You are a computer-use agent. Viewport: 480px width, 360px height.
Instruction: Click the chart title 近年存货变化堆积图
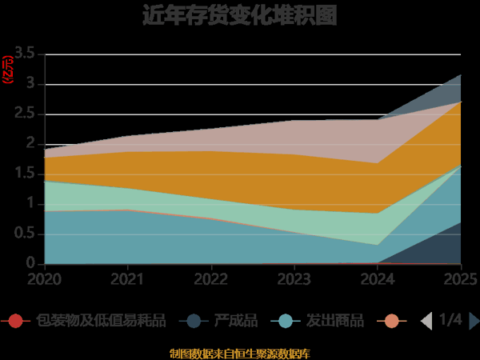coord(240,15)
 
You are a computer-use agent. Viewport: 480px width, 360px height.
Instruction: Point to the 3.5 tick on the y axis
coord(25,54)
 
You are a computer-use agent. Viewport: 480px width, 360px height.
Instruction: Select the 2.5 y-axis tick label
coord(25,114)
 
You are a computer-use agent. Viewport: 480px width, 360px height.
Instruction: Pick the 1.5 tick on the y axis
coord(25,174)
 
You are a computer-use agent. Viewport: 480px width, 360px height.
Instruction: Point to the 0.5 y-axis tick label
coord(25,234)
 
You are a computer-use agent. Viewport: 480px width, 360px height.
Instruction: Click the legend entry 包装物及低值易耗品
coord(100,321)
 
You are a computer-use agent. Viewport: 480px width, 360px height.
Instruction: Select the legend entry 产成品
coord(235,321)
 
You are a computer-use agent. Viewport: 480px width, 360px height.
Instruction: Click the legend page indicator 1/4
coord(450,320)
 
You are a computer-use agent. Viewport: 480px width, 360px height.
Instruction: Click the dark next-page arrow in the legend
coord(474,321)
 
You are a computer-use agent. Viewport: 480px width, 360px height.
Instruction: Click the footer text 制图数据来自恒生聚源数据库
coord(240,353)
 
